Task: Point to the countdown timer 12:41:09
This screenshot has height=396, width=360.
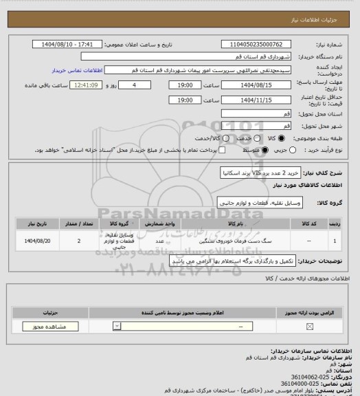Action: click(x=87, y=85)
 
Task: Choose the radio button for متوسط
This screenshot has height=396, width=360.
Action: click(x=258, y=150)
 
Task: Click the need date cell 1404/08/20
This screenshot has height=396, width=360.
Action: click(x=37, y=241)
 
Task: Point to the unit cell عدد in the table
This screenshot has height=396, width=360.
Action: click(x=159, y=241)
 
